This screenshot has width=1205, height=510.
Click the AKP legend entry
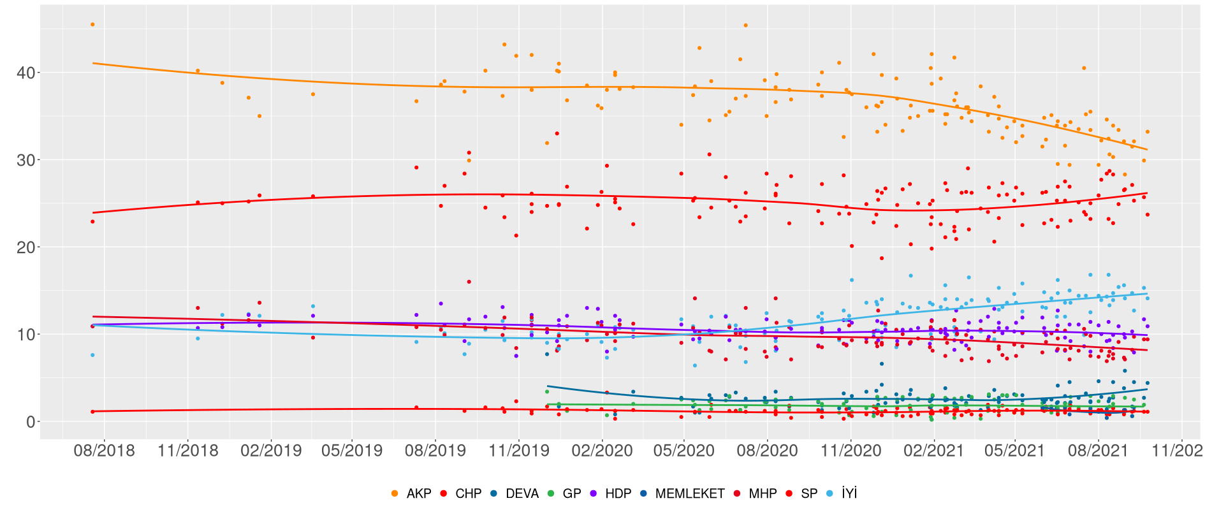click(418, 493)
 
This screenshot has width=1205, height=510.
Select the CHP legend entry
click(468, 493)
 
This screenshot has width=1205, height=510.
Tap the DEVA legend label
click(522, 493)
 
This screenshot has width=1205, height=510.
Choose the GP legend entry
click(571, 493)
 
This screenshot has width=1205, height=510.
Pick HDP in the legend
click(618, 493)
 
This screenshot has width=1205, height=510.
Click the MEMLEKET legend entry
click(689, 493)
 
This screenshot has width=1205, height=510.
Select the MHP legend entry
click(763, 493)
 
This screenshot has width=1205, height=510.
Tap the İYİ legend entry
click(849, 493)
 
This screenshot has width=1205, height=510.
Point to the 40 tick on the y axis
click(26, 73)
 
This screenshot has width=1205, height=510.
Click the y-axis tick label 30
click(26, 160)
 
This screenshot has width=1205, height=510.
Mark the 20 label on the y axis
click(26, 247)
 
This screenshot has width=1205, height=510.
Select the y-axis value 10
click(26, 335)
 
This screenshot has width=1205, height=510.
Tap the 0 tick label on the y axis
click(30, 422)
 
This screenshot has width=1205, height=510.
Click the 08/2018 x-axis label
click(104, 451)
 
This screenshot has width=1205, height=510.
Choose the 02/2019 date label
click(270, 451)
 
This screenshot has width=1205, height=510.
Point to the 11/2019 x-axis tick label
click(519, 451)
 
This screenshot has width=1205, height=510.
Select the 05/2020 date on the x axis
click(683, 451)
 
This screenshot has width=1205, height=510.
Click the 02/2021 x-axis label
click(934, 451)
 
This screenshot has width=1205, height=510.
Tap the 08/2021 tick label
click(1098, 451)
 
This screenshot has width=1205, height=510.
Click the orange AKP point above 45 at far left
click(92, 24)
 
